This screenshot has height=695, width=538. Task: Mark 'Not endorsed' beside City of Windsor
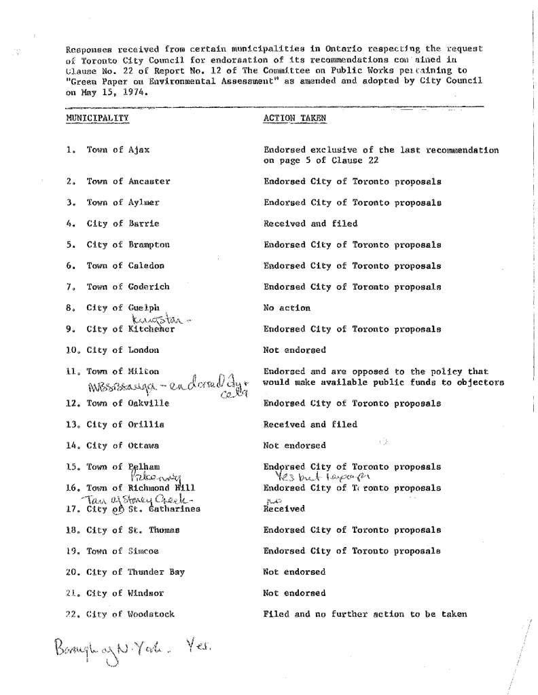pyautogui.click(x=294, y=593)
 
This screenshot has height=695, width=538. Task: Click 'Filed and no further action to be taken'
pyautogui.click(x=365, y=614)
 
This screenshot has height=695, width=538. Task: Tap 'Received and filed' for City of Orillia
pyautogui.click(x=309, y=425)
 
